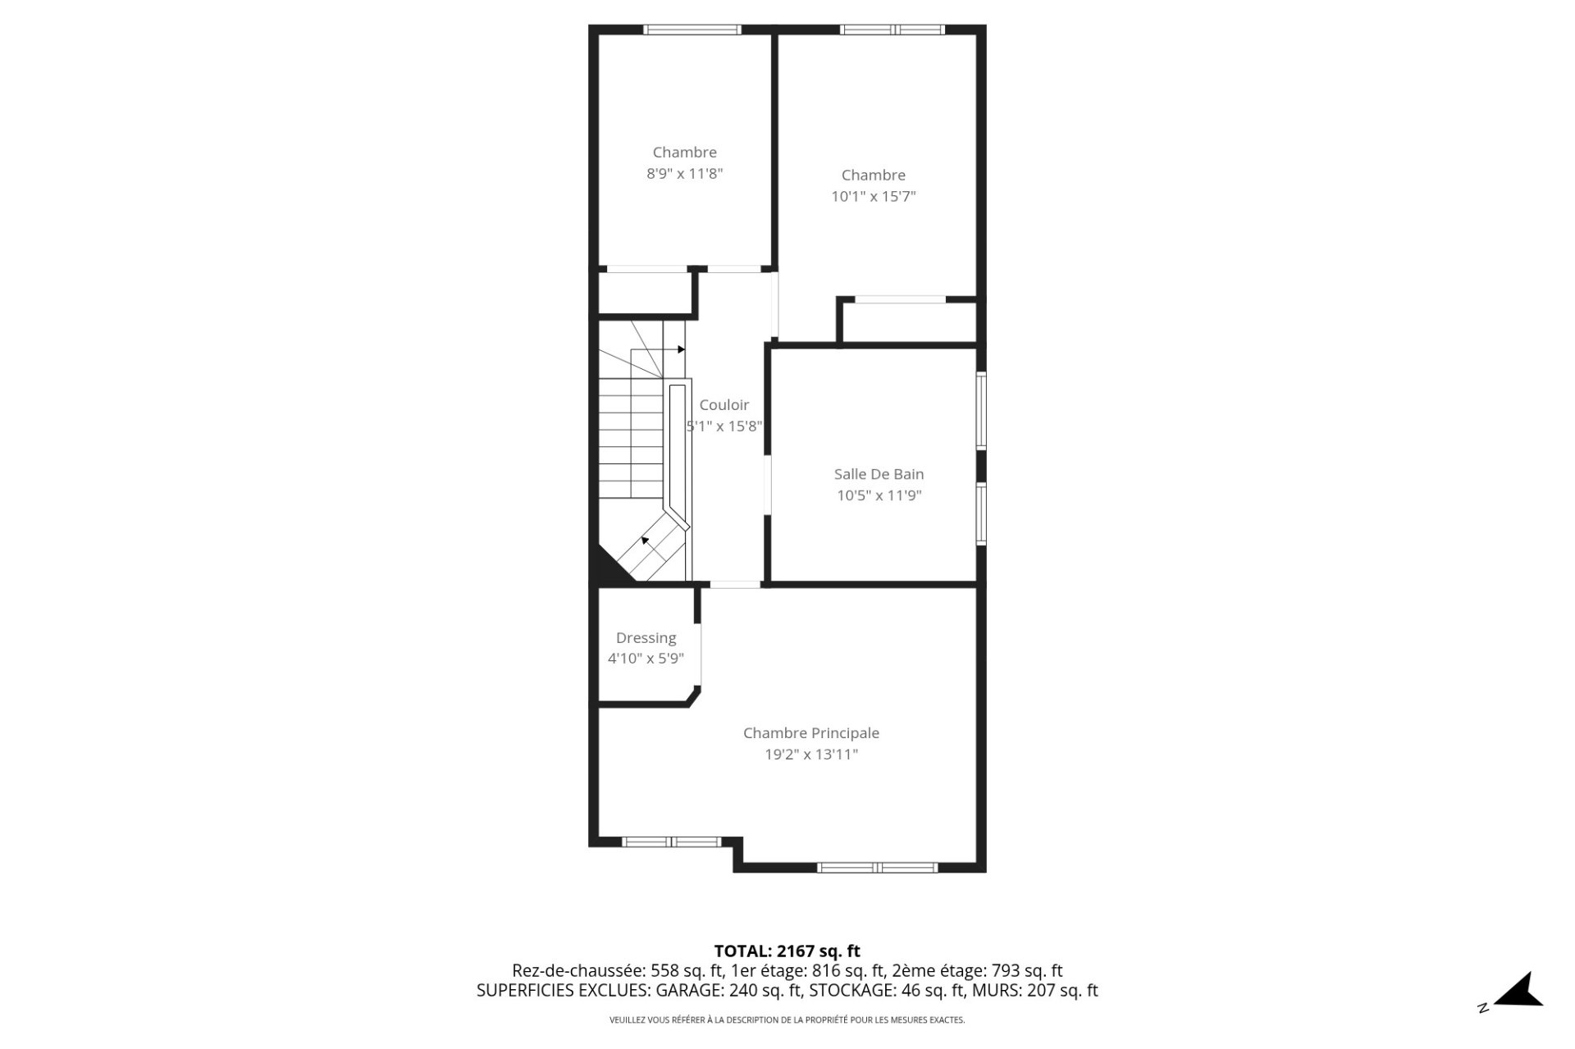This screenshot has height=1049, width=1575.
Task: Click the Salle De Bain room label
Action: (x=879, y=474)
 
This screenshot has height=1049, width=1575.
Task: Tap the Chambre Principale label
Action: (x=810, y=733)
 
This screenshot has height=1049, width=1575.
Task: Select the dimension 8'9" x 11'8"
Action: (x=684, y=174)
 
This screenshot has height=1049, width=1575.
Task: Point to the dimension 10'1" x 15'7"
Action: (x=873, y=197)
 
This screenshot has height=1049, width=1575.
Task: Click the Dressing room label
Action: (x=646, y=638)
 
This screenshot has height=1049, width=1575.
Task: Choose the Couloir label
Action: (x=724, y=405)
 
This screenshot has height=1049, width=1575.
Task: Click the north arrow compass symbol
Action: (x=1519, y=991)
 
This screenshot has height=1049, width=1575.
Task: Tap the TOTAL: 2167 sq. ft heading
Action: (x=787, y=951)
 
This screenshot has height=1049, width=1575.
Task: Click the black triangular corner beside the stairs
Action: (x=607, y=570)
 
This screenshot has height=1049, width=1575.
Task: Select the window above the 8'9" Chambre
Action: (x=692, y=30)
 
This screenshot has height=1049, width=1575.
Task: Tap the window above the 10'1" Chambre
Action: (x=892, y=30)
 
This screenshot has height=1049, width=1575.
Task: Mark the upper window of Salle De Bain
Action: (x=980, y=410)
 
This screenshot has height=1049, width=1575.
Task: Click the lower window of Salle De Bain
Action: (x=980, y=513)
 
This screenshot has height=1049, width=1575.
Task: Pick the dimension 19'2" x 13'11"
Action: (x=810, y=755)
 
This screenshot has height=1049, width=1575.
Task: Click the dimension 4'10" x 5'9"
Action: (x=646, y=659)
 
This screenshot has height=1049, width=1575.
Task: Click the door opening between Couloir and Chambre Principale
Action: (x=734, y=585)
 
